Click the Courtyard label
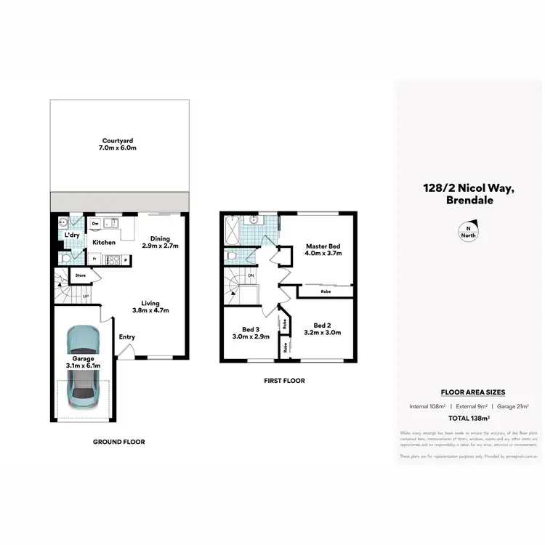[x=117, y=141]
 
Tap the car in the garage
[x=84, y=366]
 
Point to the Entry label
[x=127, y=336]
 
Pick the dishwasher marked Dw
[x=95, y=224]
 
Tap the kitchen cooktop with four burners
[x=113, y=259]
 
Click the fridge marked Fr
[x=93, y=259]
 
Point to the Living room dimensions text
[x=150, y=310]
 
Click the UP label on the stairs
[x=86, y=296]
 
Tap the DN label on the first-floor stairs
[x=251, y=275]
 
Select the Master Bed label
[x=323, y=247]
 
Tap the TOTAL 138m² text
[x=469, y=418]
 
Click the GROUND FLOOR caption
[x=119, y=441]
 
